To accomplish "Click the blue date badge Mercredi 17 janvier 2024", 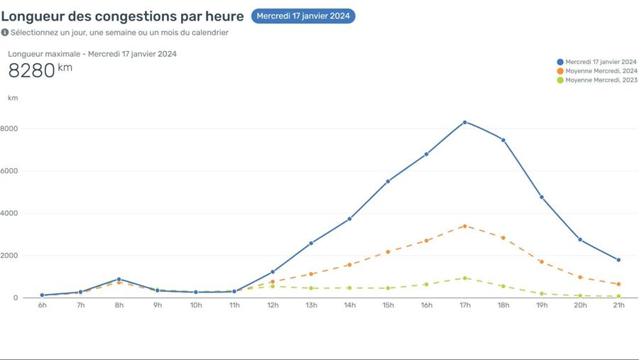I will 303,16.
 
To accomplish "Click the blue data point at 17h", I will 465,122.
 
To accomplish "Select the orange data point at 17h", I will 465,227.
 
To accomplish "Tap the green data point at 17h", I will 465,278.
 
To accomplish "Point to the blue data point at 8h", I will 119,279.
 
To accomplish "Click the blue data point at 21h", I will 618,260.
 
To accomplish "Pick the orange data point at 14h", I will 349,265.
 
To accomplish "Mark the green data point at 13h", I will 311,288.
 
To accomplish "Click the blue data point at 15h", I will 388,182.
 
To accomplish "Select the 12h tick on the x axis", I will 273,305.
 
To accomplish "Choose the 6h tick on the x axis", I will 43,305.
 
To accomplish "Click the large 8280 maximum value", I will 32,70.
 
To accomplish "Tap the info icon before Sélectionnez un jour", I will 5,33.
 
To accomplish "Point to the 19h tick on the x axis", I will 542,305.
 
